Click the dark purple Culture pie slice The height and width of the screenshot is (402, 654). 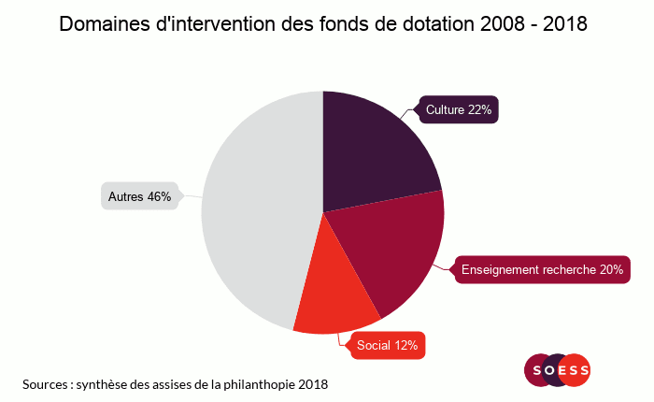click(x=374, y=150)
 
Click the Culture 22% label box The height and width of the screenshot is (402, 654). click(x=458, y=110)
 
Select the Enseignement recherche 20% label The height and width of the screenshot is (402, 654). click(x=542, y=270)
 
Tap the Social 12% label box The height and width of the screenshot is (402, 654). click(x=387, y=346)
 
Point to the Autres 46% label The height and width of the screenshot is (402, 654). click(x=139, y=197)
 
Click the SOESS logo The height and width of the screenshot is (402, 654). click(x=558, y=370)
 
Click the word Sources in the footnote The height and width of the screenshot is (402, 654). click(x=45, y=384)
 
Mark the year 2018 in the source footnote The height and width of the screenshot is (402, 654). click(x=314, y=384)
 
